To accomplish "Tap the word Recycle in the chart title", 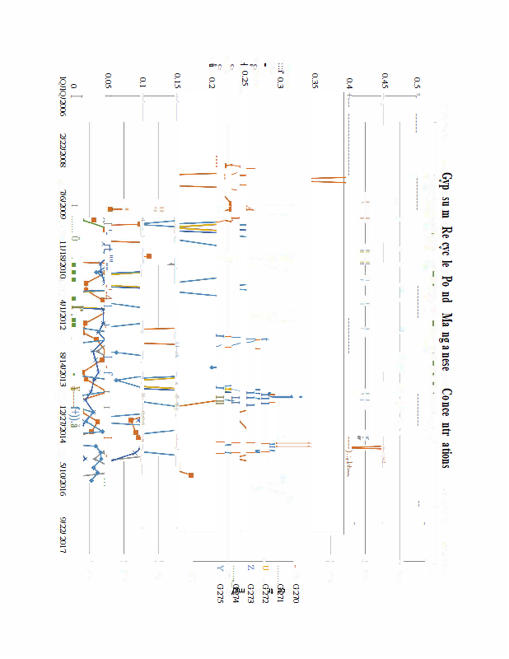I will click(446, 248).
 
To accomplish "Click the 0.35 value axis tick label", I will click(315, 81).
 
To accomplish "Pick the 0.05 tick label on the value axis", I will click(108, 81).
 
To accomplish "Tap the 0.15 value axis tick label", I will click(176, 81).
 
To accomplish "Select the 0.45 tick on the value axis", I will click(384, 81).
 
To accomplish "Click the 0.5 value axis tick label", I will click(418, 82).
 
